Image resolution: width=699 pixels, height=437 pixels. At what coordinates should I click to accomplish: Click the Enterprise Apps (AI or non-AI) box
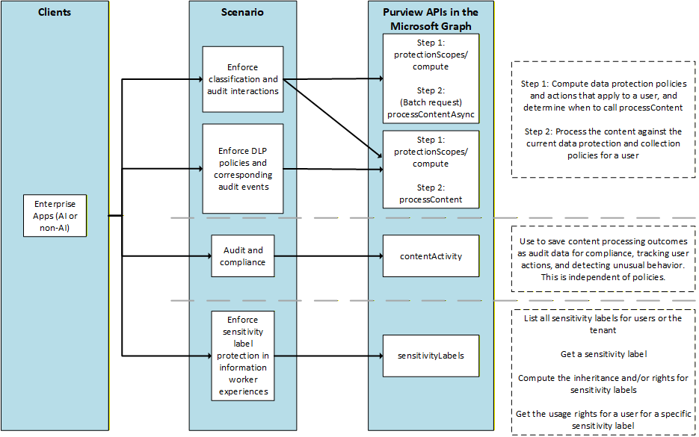55,216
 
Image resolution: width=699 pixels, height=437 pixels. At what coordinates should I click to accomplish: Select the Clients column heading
55,13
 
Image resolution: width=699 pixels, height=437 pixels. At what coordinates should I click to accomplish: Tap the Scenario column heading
243,13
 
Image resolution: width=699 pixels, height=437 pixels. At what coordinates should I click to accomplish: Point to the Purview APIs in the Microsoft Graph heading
430,19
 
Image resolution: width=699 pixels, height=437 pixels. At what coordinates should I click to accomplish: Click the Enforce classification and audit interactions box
243,79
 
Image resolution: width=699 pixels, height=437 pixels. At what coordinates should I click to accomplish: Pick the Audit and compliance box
243,256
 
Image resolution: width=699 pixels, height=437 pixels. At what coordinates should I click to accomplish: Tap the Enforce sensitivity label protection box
243,355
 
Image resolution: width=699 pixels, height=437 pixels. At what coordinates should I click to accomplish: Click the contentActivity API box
431,256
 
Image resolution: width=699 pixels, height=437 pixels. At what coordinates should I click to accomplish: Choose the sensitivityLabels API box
431,356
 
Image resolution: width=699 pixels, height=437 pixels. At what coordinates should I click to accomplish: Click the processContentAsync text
431,114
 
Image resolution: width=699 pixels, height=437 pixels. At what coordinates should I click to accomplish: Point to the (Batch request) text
431,102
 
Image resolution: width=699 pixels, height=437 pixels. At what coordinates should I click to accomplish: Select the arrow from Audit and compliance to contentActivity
329,256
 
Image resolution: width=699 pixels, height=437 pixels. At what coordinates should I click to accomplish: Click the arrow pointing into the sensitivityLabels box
329,356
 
